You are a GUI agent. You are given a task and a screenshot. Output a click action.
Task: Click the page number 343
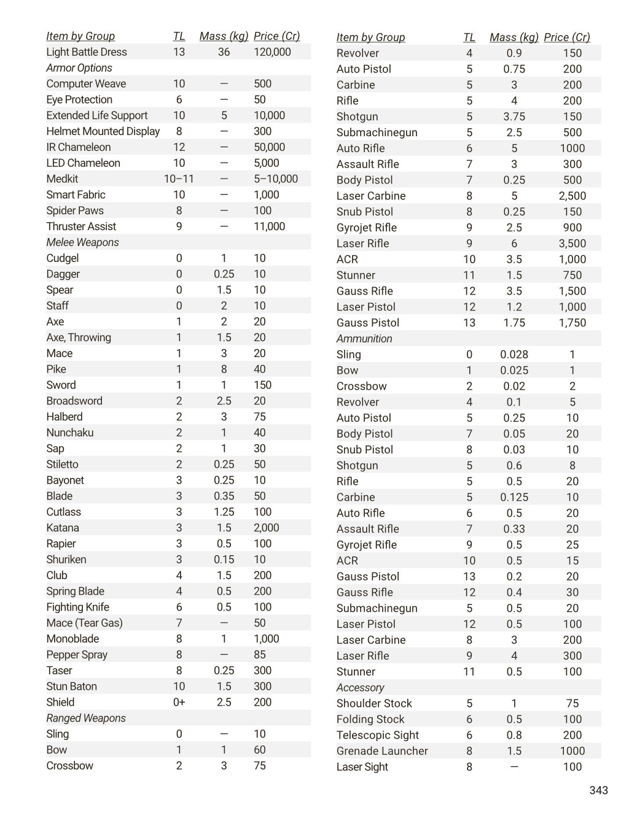pos(598,790)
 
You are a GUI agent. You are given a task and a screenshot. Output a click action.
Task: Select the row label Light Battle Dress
pos(87,52)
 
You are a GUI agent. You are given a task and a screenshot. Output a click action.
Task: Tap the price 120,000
pos(272,52)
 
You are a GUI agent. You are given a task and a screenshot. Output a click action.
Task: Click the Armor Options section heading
pos(79,68)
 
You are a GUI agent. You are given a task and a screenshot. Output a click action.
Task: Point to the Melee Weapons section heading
pos(82,242)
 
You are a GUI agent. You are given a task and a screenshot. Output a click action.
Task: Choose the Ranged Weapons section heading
pos(86,718)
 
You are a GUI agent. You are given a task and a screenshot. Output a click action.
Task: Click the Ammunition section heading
pos(364,339)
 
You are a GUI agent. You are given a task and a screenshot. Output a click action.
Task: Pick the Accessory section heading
pos(360,688)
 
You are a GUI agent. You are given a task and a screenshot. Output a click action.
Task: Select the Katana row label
pos(63,528)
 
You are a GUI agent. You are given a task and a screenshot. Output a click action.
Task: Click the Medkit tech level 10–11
pos(179,179)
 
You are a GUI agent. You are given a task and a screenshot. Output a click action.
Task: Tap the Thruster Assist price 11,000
pos(269,226)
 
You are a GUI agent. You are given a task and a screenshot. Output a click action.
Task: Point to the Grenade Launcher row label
pos(382,751)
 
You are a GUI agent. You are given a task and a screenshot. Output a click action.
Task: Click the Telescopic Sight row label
pos(377,735)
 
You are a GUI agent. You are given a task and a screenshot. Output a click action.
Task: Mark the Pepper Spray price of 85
pos(260,655)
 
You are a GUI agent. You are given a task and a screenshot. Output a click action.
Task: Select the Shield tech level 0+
pos(179,703)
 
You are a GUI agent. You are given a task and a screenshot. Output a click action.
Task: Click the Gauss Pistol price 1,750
pos(572,323)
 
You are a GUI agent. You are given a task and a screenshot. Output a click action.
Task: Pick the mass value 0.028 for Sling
pos(514,355)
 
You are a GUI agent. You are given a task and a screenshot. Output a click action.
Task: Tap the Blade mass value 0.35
pos(224,496)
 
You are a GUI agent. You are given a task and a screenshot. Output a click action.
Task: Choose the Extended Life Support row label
pos(97,115)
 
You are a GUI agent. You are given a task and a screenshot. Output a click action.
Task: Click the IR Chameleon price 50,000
pos(269,147)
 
